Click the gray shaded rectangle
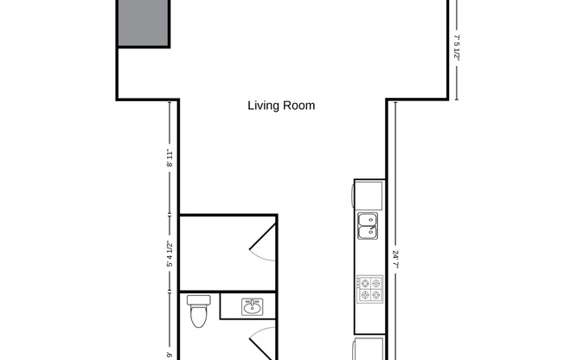click(143, 23)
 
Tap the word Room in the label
click(301, 106)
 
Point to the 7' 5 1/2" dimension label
click(457, 55)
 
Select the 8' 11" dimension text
click(170, 157)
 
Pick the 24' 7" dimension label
click(395, 260)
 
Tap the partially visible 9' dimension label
click(170, 353)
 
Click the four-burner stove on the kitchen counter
click(370, 289)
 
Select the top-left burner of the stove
click(364, 283)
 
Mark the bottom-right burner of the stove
click(376, 295)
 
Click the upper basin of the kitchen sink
click(367, 219)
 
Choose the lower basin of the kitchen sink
click(367, 231)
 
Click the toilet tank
click(200, 300)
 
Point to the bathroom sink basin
click(253, 306)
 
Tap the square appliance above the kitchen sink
click(370, 195)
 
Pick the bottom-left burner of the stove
click(364, 295)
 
